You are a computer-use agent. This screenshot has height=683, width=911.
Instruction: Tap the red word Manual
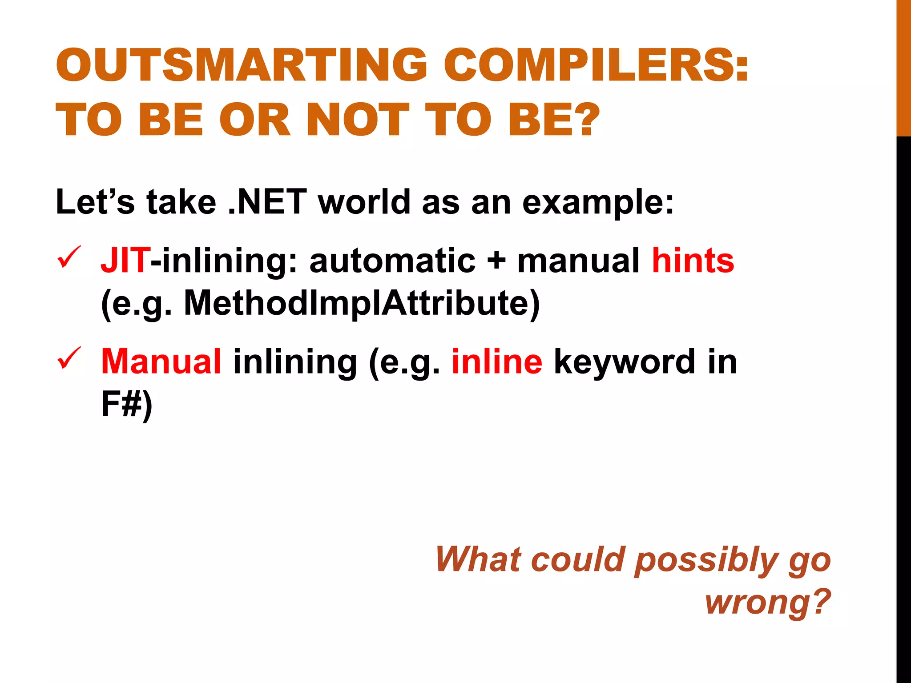161,361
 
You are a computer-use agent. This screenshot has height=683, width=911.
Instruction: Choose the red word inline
497,361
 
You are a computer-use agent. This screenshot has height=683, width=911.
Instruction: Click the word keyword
624,361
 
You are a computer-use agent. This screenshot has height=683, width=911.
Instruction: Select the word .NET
267,202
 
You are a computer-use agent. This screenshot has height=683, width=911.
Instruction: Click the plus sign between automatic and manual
496,261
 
